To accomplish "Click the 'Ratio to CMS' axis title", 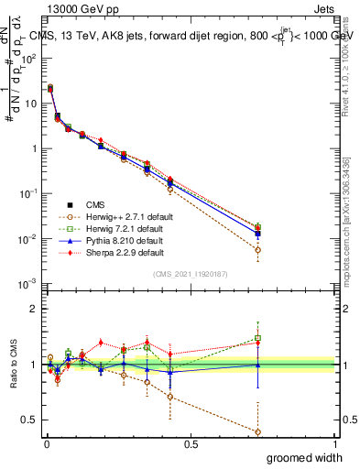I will tap(12, 365).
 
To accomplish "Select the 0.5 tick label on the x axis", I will tap(191, 443).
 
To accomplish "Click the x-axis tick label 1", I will tap(335, 443).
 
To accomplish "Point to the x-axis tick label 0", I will tap(46, 443).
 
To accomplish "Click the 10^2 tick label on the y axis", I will tap(29, 59).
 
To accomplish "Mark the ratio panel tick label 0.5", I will tap(31, 420).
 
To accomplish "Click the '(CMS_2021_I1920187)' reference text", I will tap(190, 275).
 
